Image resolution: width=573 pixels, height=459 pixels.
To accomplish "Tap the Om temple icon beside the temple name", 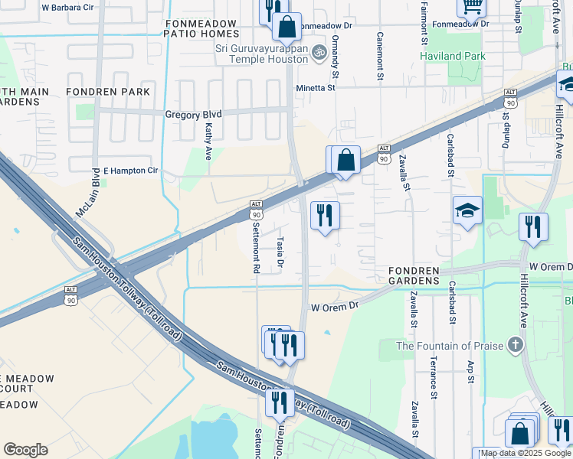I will click(320, 50).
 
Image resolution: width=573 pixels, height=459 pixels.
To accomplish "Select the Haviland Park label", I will click(453, 56).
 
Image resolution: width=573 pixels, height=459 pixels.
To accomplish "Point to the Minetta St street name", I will click(316, 88).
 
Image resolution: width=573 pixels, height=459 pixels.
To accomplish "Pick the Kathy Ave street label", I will click(208, 142).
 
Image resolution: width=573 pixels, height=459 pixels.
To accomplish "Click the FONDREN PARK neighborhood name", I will click(100, 91).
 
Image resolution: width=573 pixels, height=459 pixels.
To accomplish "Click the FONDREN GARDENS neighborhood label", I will click(424, 276).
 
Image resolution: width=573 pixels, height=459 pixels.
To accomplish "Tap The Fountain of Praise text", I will click(448, 346).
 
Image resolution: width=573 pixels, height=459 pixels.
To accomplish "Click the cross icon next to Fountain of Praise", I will click(516, 344).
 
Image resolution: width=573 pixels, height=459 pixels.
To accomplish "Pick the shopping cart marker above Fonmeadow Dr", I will click(471, 8).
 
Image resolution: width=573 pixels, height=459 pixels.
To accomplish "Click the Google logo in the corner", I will click(25, 450).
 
